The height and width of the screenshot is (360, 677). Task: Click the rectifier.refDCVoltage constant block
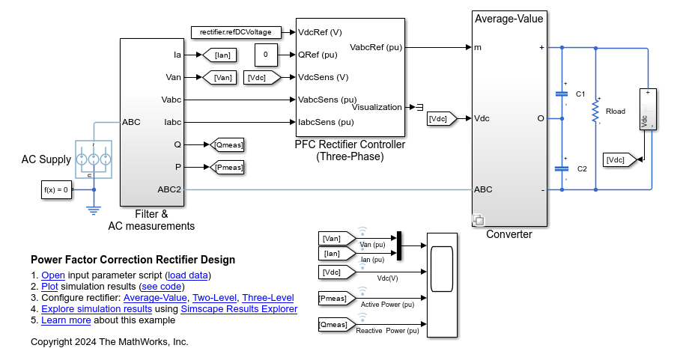[236, 32]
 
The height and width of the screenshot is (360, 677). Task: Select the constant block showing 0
[265, 55]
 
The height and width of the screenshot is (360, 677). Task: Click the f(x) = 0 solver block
[56, 190]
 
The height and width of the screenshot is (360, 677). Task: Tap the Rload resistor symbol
[595, 112]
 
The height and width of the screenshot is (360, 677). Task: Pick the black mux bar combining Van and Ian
[399, 245]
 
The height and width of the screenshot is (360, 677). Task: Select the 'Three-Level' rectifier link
[267, 297]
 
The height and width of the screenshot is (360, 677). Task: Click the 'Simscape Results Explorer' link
[239, 308]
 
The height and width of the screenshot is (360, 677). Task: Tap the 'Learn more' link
[66, 320]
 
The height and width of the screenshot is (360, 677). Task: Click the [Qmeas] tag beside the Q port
[227, 144]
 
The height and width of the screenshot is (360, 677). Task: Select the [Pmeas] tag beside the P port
[227, 167]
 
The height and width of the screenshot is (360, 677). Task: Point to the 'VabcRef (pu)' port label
[376, 47]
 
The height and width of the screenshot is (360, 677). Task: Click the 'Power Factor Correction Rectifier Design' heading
[133, 260]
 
